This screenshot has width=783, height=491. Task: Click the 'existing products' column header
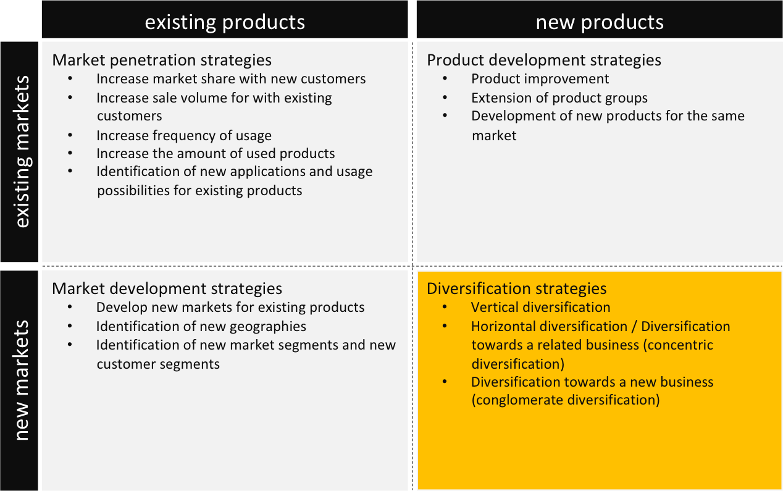(x=225, y=22)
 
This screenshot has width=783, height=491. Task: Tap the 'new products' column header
(x=600, y=22)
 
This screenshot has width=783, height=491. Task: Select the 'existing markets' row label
(x=22, y=152)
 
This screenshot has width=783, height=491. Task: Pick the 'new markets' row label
(x=21, y=380)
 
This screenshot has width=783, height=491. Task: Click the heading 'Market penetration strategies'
(x=162, y=60)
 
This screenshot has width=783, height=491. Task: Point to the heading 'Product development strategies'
(x=544, y=60)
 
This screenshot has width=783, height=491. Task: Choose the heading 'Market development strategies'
(x=167, y=288)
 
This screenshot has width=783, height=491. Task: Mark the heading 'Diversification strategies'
(x=517, y=288)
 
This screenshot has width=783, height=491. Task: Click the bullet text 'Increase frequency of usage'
(x=184, y=136)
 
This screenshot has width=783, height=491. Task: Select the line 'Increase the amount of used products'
(x=216, y=154)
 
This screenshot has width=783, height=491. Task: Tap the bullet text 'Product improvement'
(x=540, y=79)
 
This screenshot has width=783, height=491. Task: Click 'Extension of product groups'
(x=559, y=98)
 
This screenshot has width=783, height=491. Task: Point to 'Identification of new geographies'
(x=201, y=326)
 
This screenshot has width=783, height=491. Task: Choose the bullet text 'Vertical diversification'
(x=541, y=308)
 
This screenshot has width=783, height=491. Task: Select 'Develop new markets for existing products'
(x=230, y=308)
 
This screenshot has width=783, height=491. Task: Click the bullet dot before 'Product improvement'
(x=445, y=78)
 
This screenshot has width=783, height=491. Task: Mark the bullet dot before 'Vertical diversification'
(x=444, y=307)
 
